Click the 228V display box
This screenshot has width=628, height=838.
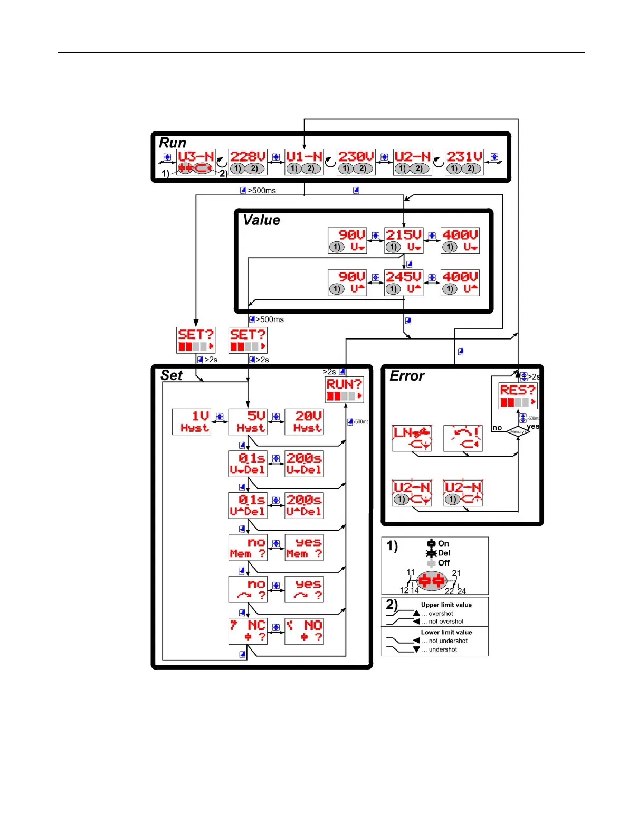click(x=248, y=162)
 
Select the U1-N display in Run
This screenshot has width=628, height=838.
click(x=304, y=162)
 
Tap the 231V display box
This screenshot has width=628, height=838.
click(x=464, y=162)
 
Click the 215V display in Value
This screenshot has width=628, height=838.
click(x=404, y=240)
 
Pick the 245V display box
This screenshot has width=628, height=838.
click(x=404, y=283)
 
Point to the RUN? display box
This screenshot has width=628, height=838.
click(x=344, y=390)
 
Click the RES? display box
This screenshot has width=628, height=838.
click(x=518, y=396)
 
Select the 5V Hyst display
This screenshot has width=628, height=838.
click(x=248, y=421)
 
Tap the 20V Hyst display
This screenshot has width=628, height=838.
click(x=304, y=421)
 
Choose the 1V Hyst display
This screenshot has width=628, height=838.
click(x=192, y=421)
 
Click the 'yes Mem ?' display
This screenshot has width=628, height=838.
click(x=304, y=547)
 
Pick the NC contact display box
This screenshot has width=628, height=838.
click(x=248, y=631)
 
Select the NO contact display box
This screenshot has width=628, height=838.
click(x=304, y=631)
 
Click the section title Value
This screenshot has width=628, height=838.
click(x=261, y=220)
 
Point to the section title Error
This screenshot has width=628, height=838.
click(x=406, y=376)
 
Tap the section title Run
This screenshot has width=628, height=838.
click(x=173, y=143)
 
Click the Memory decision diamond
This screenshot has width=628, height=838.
click(x=518, y=431)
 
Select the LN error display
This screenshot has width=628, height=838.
click(x=412, y=438)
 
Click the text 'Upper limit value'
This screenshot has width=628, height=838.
click(x=446, y=605)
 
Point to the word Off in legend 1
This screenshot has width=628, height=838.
click(x=443, y=563)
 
